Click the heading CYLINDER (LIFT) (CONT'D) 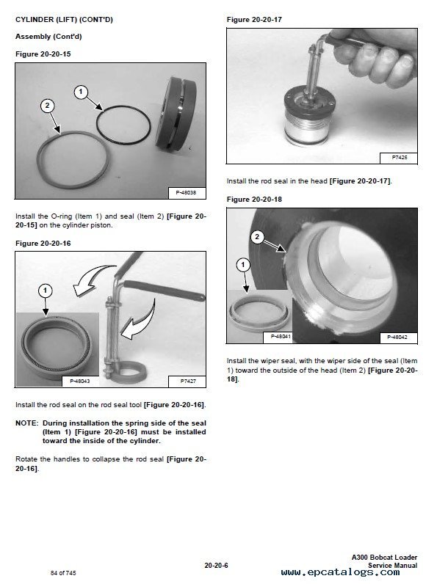[64, 19]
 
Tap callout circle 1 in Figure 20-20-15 [81, 92]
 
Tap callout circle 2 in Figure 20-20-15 [47, 106]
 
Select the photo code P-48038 [186, 192]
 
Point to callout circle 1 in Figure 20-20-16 [45, 291]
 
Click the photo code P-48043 [80, 382]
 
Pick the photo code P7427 [187, 382]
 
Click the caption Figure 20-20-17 [254, 19]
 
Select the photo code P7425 [400, 158]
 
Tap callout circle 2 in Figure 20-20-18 [257, 237]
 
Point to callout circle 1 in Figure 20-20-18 [243, 265]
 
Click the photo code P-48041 [281, 336]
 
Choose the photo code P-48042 [397, 337]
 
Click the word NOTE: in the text [27, 423]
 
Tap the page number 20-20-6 [216, 566]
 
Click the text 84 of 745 [63, 573]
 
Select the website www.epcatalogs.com [341, 572]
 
